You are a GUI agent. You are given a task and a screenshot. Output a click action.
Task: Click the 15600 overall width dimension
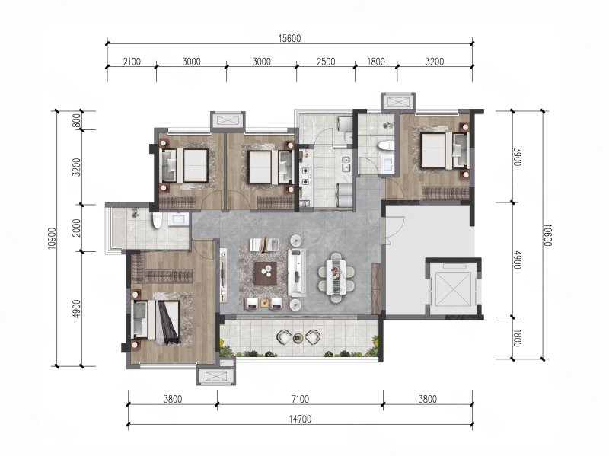click(x=290, y=38)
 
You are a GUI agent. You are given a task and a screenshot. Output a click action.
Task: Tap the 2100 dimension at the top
click(x=132, y=62)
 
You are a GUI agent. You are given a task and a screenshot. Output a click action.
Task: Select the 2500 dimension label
click(x=326, y=62)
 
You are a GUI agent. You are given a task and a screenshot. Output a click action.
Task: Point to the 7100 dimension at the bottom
click(x=300, y=398)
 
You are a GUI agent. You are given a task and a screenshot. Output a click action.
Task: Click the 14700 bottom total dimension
click(x=300, y=419)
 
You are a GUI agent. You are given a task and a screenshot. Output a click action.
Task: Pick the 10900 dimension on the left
click(x=53, y=238)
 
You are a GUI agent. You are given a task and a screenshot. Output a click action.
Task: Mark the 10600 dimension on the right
click(x=547, y=235)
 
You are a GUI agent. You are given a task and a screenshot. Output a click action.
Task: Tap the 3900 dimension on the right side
click(x=518, y=157)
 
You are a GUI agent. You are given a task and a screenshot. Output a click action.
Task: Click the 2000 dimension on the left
click(x=77, y=228)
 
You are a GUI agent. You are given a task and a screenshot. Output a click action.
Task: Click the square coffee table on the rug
click(x=266, y=273)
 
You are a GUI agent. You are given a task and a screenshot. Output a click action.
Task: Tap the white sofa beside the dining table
click(x=297, y=273)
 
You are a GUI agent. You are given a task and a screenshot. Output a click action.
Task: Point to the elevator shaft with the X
click(x=453, y=289)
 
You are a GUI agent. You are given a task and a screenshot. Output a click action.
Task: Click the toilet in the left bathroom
click(x=157, y=221)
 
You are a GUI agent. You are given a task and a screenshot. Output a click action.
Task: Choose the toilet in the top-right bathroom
click(x=385, y=145)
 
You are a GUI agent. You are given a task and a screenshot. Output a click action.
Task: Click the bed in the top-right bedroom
click(x=440, y=150)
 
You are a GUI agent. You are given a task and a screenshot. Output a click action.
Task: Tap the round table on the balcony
click(x=298, y=338)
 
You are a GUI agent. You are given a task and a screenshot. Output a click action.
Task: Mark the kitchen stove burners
click(x=306, y=176)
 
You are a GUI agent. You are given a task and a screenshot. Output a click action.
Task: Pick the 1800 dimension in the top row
click(x=376, y=62)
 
